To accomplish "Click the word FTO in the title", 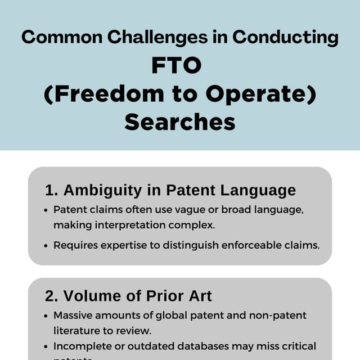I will (176, 66).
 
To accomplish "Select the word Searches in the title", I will (179, 122).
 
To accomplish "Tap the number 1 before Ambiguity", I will (48, 190).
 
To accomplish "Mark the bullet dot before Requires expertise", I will (46, 245).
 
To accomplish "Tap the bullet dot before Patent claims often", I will (46, 210).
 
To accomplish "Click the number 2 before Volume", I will (49, 296).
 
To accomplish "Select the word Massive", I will (73, 316).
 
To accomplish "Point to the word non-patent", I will (279, 316).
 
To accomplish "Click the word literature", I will (75, 330).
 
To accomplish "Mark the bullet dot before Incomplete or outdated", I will (46, 346).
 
